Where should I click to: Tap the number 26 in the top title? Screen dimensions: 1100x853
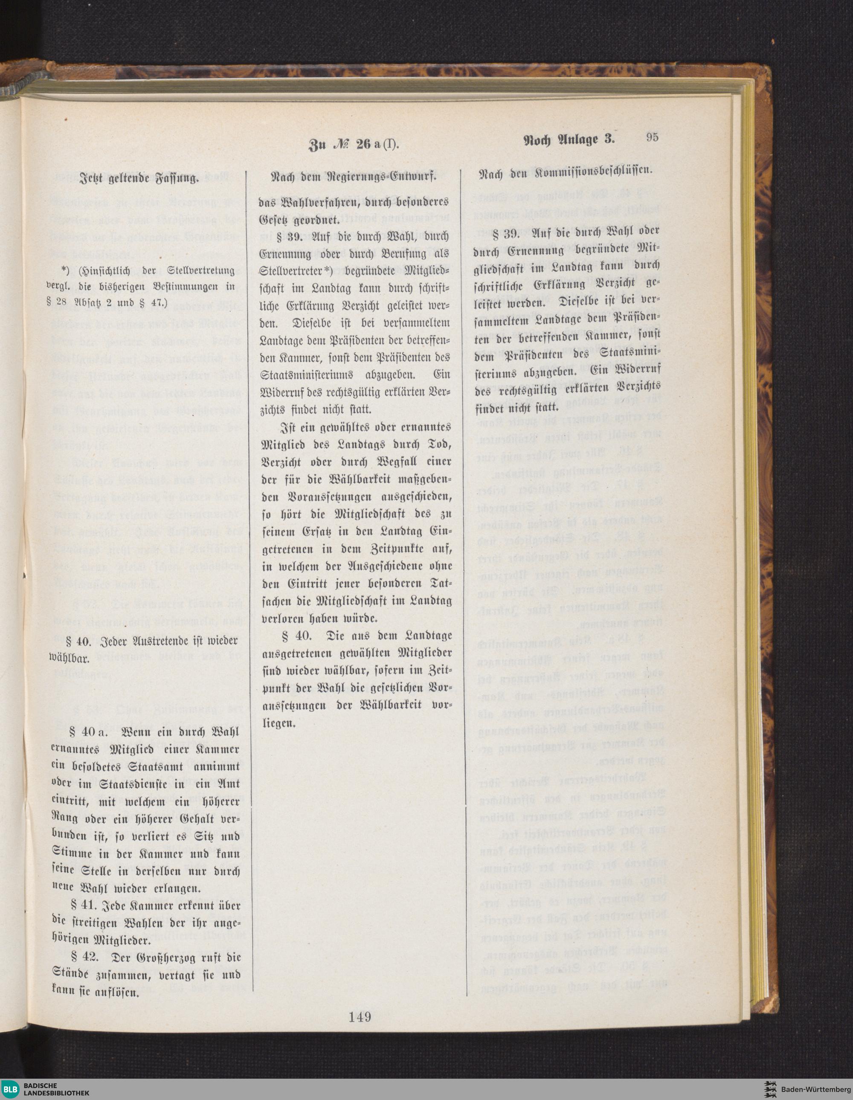point(363,146)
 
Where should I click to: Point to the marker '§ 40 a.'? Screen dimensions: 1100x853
point(87,732)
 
